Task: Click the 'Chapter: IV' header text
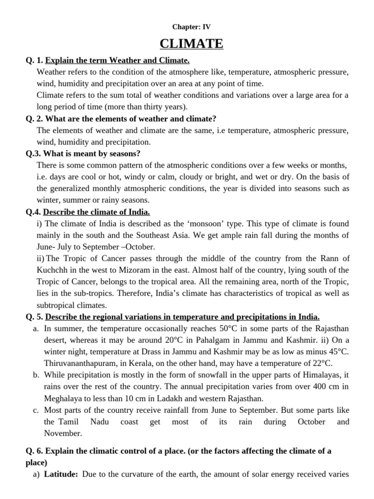[x=191, y=27]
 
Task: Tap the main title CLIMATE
[x=191, y=44]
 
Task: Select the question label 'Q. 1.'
[x=35, y=60]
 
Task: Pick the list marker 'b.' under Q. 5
[x=36, y=376]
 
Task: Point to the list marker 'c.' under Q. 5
[x=36, y=411]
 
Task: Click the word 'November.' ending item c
[x=63, y=433]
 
